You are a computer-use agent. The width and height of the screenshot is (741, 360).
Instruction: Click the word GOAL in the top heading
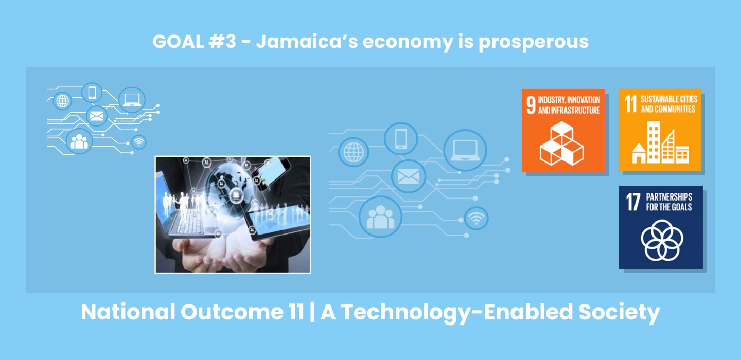point(178,42)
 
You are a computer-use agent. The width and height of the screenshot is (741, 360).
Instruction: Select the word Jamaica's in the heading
point(307,42)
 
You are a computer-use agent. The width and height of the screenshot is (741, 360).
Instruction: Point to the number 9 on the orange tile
point(531,105)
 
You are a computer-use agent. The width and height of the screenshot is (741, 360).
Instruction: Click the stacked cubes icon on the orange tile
point(562,143)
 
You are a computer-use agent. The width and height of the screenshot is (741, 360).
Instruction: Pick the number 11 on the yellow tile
point(630,104)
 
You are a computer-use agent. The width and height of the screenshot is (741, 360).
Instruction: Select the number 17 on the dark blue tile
point(633,202)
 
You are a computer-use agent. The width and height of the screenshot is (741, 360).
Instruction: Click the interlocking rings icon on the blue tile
point(662,240)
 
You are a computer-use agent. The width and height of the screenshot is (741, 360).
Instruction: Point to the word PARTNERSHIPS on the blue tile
point(669,197)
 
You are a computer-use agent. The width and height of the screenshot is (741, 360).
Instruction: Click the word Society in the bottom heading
point(619,312)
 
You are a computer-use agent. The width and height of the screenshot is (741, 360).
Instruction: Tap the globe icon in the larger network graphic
point(354,152)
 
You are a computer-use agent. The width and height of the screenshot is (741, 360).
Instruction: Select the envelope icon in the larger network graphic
point(409,176)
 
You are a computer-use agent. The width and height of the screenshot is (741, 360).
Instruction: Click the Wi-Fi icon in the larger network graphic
point(476,218)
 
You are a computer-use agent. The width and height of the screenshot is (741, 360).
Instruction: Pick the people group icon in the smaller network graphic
point(79,141)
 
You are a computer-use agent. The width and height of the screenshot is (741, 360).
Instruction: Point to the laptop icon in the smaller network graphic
point(132,99)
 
